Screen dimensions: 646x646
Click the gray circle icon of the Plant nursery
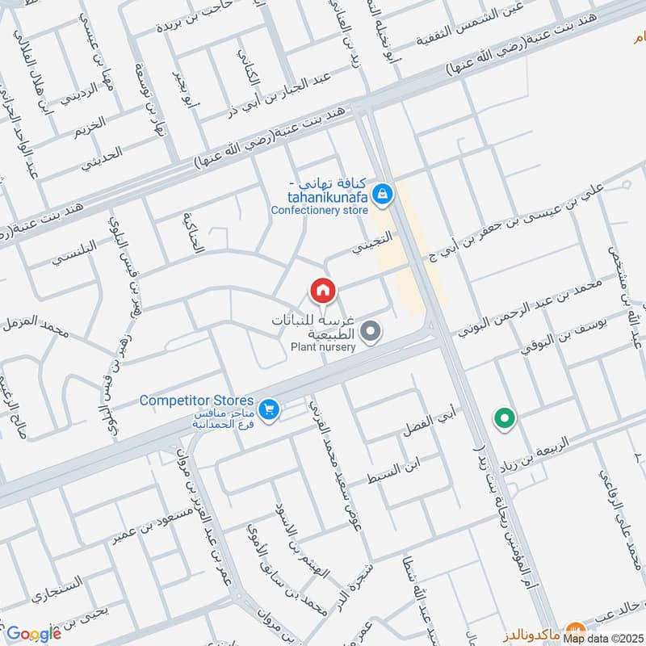tap(371, 331)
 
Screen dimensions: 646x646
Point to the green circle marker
tap(505, 418)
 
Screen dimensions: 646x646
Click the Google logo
tap(33, 634)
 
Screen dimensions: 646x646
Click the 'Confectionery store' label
tap(320, 210)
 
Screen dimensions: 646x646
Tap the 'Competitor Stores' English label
tap(196, 401)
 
